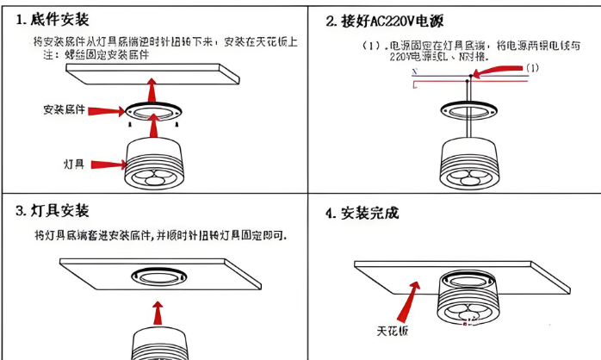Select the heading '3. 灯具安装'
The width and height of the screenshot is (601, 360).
tap(53, 211)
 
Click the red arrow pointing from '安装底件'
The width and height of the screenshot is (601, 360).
tap(106, 110)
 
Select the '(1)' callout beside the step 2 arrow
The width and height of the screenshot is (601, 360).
tap(532, 67)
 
